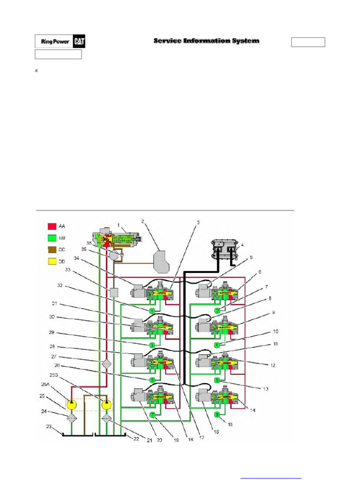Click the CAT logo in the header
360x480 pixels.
78,41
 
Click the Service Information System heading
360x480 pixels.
206,41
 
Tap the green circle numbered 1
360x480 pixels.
152,311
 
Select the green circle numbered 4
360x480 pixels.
217,345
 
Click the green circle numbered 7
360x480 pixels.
152,414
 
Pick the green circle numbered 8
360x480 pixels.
217,414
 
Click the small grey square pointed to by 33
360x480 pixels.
113,292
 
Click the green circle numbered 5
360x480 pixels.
152,380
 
